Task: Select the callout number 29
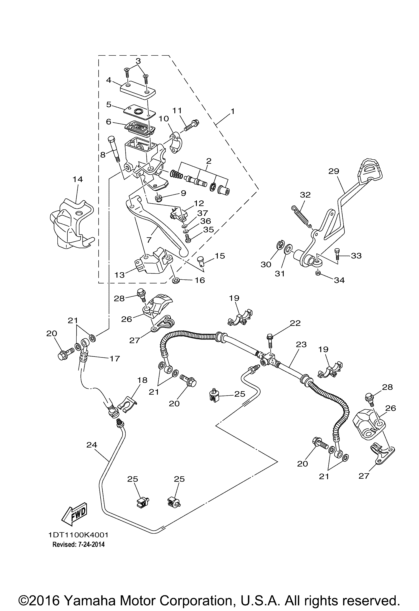tap(334, 171)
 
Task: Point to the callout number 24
tap(92, 445)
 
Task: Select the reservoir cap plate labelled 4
tap(138, 90)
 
